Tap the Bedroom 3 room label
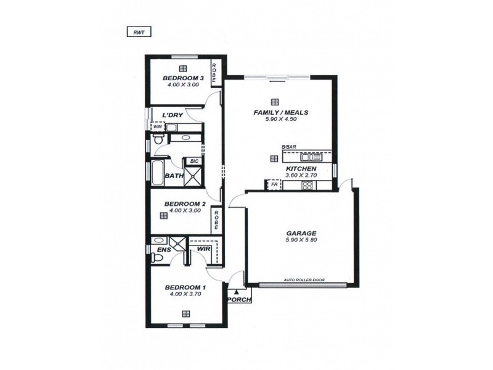[184, 78]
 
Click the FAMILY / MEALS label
[280, 113]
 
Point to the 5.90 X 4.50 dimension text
[281, 120]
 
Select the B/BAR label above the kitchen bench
[288, 146]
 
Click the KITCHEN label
[301, 168]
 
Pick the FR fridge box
[272, 184]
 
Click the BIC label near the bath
[194, 162]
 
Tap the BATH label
[174, 176]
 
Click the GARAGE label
[301, 234]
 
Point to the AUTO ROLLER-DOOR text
[304, 280]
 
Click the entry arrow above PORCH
[235, 292]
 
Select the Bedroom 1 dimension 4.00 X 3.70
[185, 294]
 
